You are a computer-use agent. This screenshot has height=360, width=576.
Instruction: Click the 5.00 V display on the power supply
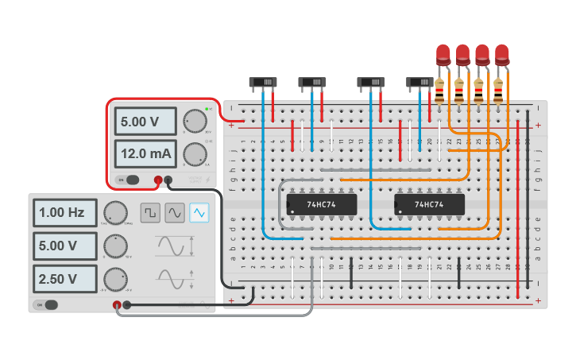145,122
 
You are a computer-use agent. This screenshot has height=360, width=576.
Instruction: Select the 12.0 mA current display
145,152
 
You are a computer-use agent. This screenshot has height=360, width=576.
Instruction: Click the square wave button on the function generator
150,212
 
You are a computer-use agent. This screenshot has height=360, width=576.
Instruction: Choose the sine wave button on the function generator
175,212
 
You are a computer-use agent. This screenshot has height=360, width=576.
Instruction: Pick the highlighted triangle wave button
199,212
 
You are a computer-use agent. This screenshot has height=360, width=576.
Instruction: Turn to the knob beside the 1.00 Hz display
115,212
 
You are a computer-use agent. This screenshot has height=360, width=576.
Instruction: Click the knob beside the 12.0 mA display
193,153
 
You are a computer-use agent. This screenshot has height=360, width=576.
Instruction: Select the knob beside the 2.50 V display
115,279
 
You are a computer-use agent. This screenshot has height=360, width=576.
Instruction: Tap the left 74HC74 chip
322,205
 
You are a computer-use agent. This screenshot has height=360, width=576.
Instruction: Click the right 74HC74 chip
429,205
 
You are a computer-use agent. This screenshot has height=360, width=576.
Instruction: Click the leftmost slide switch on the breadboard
264,82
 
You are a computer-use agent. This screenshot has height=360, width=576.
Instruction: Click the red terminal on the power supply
158,180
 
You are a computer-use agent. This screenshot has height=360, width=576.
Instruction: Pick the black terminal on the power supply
168,180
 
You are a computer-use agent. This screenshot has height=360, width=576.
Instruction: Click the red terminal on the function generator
117,304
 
